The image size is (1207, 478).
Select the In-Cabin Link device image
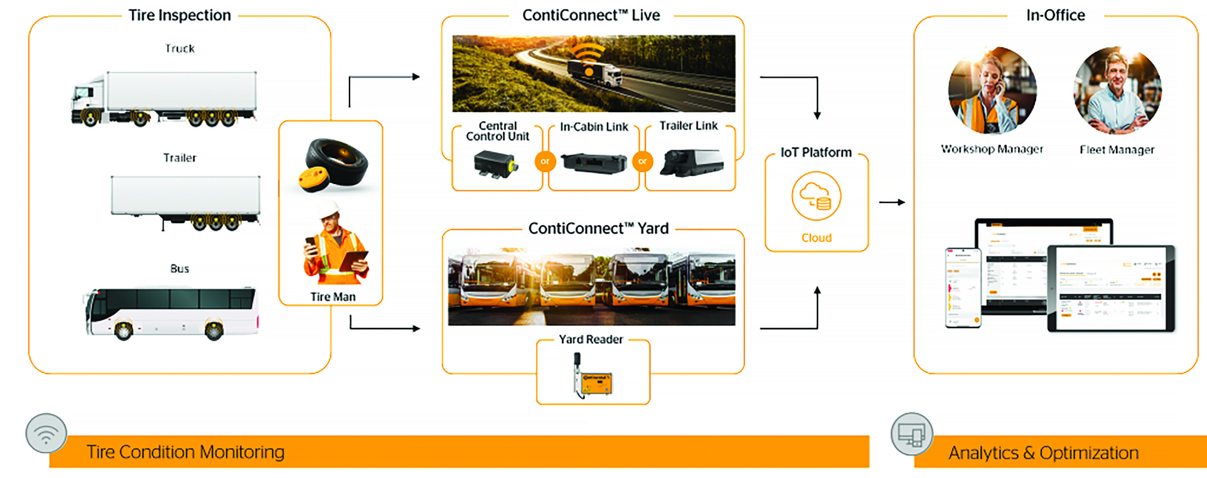[594, 163]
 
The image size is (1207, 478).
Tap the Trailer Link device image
[692, 163]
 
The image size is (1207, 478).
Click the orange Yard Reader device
[596, 383]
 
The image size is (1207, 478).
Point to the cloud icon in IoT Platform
[816, 196]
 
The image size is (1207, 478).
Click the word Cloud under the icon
[816, 238]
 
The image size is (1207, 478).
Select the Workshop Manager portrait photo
[992, 90]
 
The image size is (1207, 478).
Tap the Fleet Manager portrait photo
[1117, 90]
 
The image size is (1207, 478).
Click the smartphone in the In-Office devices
[963, 287]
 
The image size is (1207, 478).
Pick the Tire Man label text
[333, 297]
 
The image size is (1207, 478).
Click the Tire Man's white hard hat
[330, 210]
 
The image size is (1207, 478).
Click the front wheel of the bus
[123, 329]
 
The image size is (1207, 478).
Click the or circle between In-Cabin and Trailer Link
[643, 161]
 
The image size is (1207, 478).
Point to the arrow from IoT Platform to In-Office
[892, 202]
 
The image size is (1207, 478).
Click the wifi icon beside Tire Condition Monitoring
[46, 434]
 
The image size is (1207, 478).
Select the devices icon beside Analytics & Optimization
[912, 434]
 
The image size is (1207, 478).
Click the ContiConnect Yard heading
[598, 229]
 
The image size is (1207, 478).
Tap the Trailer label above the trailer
[180, 158]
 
